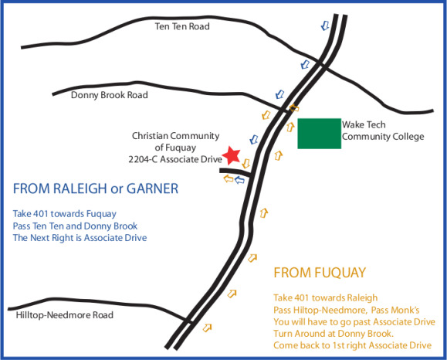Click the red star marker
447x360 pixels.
point(232,155)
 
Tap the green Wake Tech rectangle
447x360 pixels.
point(320,133)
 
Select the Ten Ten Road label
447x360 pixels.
point(182,26)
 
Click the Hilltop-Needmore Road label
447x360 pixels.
point(65,315)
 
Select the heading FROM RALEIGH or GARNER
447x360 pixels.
point(97,188)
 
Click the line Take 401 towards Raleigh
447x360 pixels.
point(326,297)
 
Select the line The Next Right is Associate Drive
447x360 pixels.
point(80,238)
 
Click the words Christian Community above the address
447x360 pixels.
point(176,135)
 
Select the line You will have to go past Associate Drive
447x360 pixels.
point(354,321)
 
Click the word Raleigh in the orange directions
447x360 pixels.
point(361,297)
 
